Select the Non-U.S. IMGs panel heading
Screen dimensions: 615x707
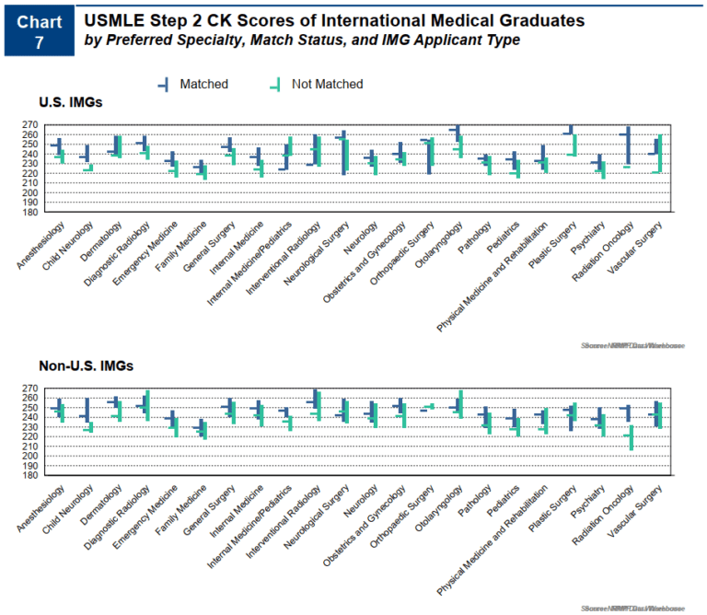coord(86,366)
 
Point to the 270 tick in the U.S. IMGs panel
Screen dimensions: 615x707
coord(28,125)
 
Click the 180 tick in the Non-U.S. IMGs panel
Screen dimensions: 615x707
coord(28,476)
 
